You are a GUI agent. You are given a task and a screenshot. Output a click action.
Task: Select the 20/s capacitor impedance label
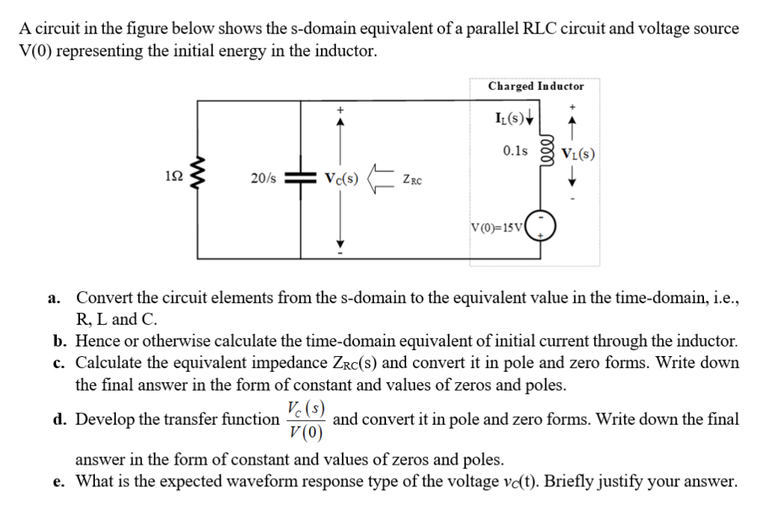tap(263, 180)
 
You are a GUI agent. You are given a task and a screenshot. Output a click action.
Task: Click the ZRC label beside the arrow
tap(412, 180)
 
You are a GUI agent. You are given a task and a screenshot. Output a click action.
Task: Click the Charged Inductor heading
tap(536, 86)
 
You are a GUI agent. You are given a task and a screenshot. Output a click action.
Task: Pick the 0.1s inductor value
tap(515, 150)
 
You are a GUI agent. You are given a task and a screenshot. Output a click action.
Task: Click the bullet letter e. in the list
tap(59, 481)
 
